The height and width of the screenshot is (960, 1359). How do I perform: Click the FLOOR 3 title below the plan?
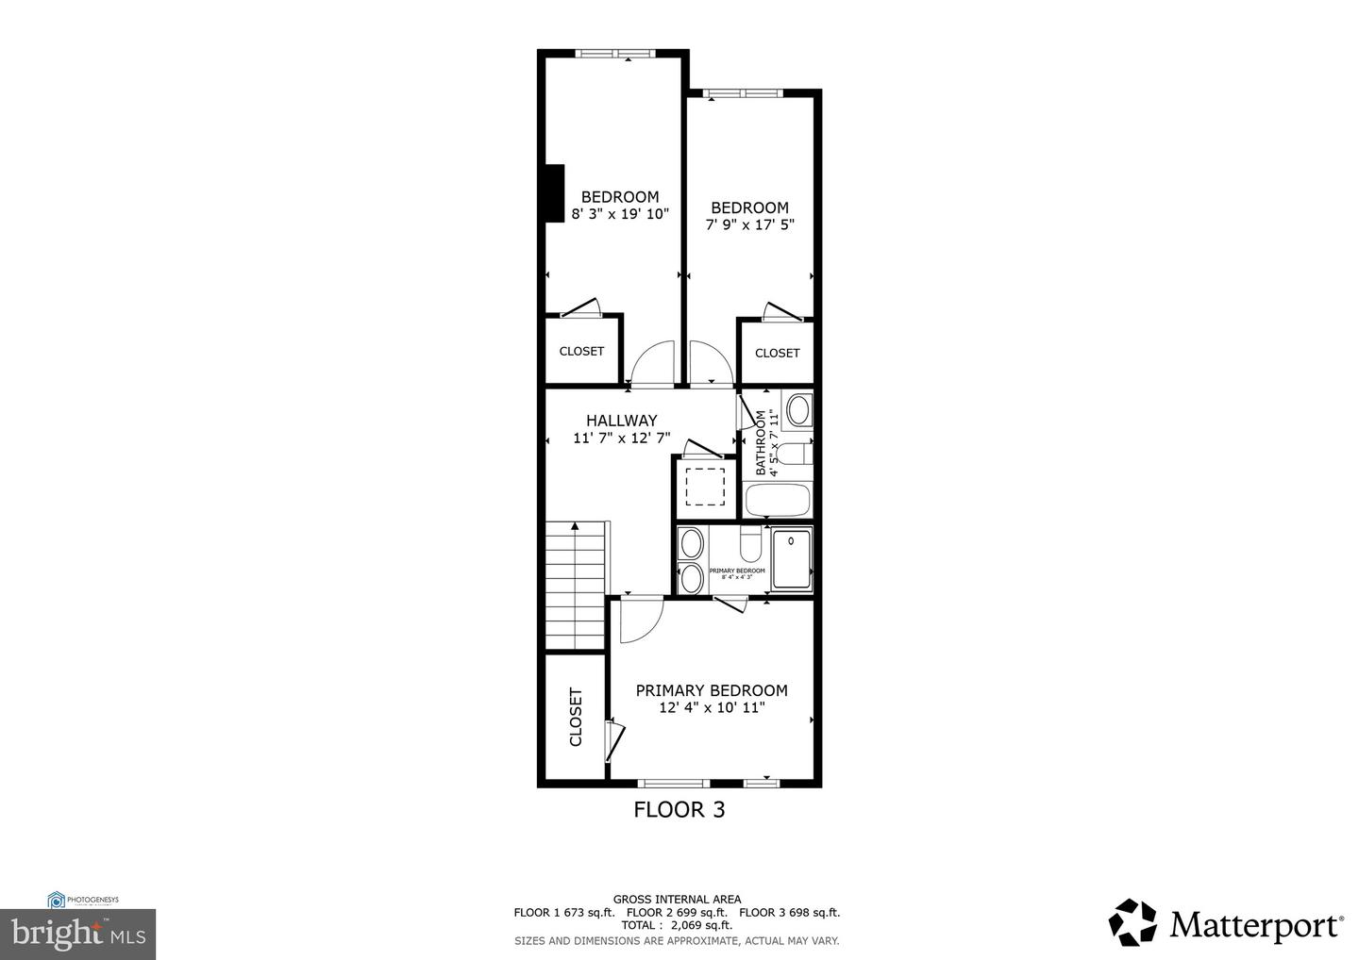pos(679,809)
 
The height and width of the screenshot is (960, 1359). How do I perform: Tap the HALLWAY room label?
pos(621,421)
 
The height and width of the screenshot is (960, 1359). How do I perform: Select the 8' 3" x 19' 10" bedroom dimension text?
pos(620,214)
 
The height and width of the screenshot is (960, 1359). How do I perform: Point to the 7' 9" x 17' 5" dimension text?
pos(749,224)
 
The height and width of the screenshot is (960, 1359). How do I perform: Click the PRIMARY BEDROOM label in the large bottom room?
pos(711,690)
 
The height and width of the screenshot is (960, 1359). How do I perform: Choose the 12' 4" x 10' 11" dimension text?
pos(711,707)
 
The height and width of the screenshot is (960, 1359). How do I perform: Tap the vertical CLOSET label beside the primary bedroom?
pos(576,717)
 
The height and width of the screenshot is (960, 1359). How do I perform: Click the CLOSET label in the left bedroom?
pos(581,351)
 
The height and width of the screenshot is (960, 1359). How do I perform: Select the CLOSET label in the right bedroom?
pos(777,353)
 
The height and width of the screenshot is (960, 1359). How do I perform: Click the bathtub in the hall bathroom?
pos(778,500)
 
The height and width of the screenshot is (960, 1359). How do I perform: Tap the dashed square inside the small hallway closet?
pos(704,487)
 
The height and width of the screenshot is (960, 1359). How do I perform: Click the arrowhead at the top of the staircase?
pos(575,527)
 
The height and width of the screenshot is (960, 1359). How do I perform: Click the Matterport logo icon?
pos(1132,922)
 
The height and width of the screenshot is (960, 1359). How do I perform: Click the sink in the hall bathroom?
pos(798,410)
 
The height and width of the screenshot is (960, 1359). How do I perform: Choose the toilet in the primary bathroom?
pos(750,544)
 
